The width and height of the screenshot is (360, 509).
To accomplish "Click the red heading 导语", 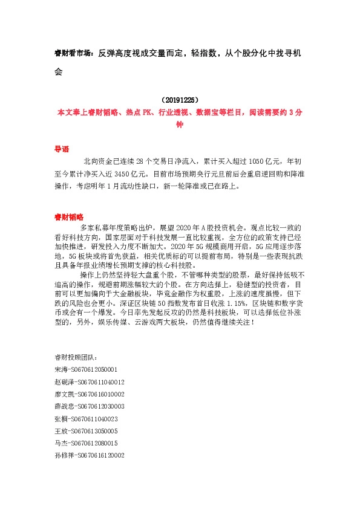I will (62, 149).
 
